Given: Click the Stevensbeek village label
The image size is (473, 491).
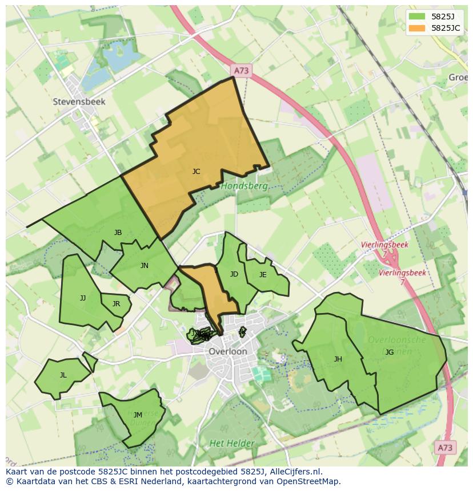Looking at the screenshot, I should click(x=79, y=102).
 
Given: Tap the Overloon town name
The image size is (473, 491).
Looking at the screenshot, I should click(x=228, y=351).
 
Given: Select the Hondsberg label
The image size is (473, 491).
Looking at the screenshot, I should click(x=244, y=186).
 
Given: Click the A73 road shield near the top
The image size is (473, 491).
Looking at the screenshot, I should click(x=242, y=70).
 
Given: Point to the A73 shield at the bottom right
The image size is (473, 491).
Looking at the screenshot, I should click(x=444, y=448).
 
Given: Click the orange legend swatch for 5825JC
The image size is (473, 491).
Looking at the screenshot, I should click(x=418, y=28).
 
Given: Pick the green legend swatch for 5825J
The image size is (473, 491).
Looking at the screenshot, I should click(x=418, y=16).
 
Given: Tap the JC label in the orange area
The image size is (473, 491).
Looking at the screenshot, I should click(x=196, y=171).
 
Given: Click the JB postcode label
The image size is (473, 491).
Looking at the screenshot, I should click(x=118, y=232).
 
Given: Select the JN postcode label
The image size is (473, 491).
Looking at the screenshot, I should click(x=145, y=265).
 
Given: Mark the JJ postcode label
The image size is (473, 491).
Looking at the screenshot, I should click(x=83, y=298).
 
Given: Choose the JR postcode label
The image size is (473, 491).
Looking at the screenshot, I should click(x=116, y=303).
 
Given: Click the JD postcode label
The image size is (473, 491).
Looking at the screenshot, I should click(x=234, y=274).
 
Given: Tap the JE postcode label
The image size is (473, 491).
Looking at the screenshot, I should click(x=263, y=274).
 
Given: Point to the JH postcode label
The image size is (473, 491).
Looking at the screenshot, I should click(x=338, y=359).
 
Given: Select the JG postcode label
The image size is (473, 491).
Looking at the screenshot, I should click(x=390, y=352).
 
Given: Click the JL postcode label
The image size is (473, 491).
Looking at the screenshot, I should click(x=63, y=375).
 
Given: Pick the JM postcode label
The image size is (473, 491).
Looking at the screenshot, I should click(x=138, y=415).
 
